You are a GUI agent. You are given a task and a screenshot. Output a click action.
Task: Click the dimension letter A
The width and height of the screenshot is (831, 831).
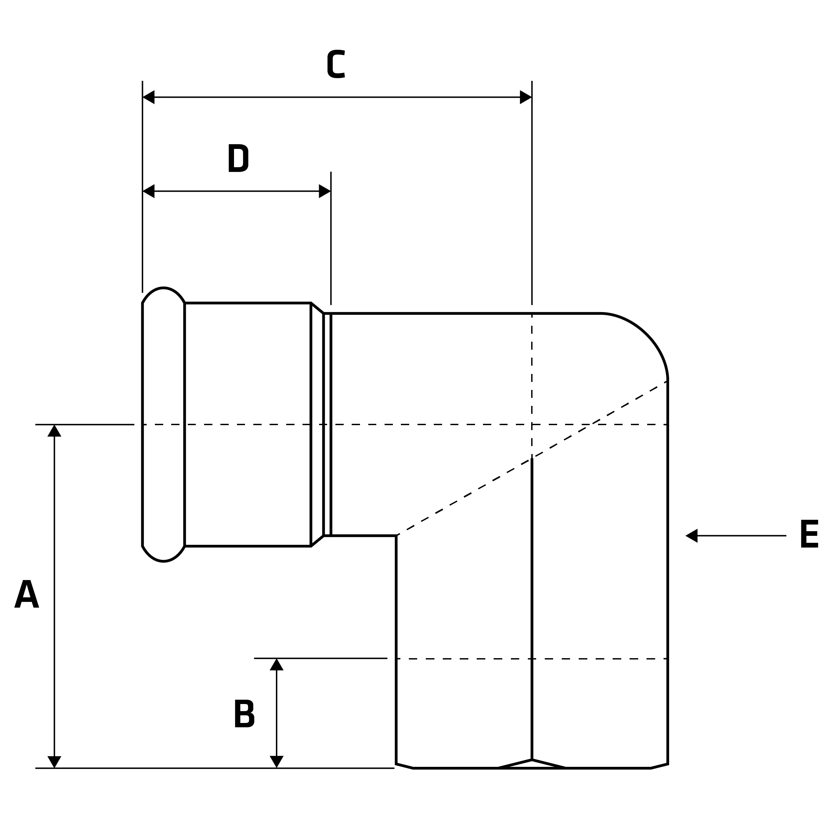[x=27, y=594]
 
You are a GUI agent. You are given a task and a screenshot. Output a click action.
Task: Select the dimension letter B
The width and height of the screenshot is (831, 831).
[x=244, y=713]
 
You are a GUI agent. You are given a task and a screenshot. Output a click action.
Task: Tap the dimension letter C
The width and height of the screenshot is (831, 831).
[x=336, y=64]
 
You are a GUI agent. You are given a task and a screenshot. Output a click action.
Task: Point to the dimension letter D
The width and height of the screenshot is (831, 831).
[x=238, y=158]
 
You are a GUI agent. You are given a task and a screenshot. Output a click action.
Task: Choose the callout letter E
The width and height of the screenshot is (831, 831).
[x=809, y=534]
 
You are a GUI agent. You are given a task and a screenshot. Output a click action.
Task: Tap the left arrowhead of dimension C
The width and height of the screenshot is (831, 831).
[x=148, y=97]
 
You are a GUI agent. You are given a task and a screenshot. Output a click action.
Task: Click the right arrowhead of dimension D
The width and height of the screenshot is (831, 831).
[x=325, y=191]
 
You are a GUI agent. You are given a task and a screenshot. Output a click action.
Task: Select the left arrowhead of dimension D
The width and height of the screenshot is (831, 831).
[x=148, y=191]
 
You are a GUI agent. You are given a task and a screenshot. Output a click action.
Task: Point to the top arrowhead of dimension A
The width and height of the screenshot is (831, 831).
[x=54, y=430]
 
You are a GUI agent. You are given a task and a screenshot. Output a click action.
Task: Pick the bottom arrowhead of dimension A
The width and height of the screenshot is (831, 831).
[x=54, y=762]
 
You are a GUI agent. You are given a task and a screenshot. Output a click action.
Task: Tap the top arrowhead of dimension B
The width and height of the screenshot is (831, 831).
[x=277, y=664]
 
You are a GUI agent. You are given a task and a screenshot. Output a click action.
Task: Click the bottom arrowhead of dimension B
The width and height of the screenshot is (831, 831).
[x=277, y=762]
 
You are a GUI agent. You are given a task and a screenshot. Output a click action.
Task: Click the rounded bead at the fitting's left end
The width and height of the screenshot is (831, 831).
[x=164, y=424]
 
